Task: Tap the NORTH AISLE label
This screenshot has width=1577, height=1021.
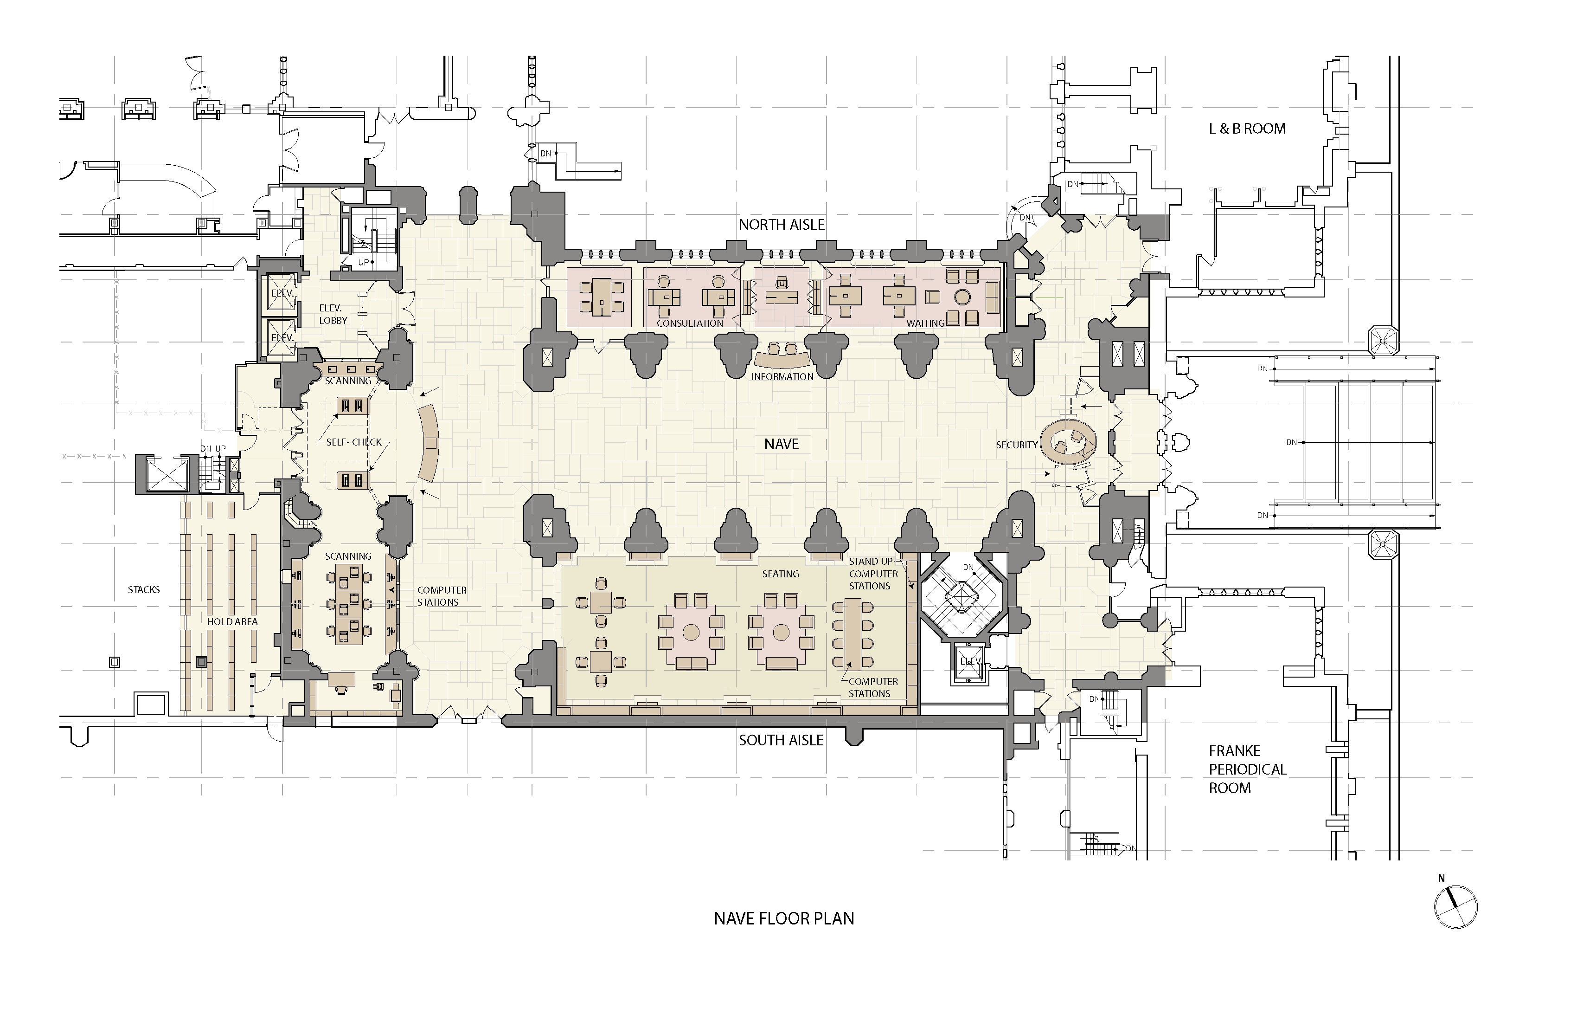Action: [782, 225]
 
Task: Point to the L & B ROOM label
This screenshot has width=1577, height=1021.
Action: [1247, 129]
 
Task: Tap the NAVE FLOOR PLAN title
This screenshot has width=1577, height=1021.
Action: [784, 919]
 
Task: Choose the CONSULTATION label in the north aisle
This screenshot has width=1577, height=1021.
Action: [690, 323]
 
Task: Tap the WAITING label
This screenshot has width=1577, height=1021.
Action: [926, 323]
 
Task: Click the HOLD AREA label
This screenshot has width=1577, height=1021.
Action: [232, 622]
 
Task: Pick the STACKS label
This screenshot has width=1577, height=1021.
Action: [144, 589]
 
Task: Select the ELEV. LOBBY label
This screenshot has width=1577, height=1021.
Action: [333, 314]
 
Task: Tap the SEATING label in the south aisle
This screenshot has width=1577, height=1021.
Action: [781, 574]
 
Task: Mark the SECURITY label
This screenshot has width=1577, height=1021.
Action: [1016, 445]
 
